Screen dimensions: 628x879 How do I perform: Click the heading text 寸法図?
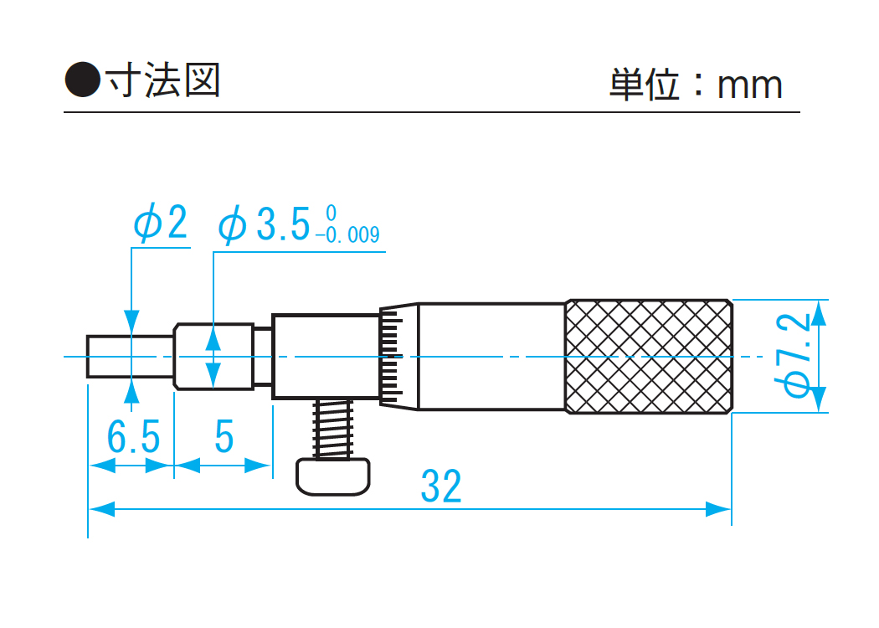point(162,80)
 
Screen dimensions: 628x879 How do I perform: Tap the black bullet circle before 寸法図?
point(82,80)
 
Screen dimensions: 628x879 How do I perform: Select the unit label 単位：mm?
point(695,85)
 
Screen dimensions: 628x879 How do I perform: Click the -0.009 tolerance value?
point(348,235)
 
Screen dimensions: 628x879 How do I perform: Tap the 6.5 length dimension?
point(132,437)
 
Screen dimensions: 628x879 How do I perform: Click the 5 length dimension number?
point(224,437)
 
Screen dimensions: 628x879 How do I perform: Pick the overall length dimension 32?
point(440,486)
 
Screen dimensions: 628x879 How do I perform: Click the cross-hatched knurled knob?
point(649,356)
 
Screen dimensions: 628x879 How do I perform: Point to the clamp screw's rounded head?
point(332,475)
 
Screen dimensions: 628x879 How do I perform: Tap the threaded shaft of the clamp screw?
point(332,428)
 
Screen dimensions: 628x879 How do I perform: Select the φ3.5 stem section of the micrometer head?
point(214,356)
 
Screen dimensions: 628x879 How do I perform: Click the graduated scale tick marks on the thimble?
point(389,356)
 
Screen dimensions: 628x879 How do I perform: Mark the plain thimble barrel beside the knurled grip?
point(491,356)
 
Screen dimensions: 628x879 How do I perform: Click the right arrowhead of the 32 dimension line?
point(720,508)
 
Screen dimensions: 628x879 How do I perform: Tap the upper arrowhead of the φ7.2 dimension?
point(818,314)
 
